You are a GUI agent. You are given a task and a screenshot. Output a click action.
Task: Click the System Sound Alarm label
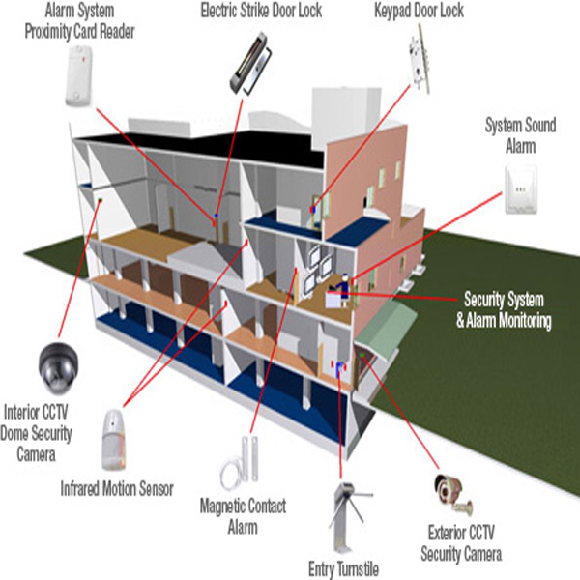tap(519, 136)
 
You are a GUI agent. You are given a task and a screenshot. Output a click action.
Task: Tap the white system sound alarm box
tap(521, 191)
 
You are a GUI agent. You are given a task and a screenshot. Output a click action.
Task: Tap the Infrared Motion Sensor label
tap(117, 488)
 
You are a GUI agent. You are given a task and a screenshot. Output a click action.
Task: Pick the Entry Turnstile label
tap(342, 567)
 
